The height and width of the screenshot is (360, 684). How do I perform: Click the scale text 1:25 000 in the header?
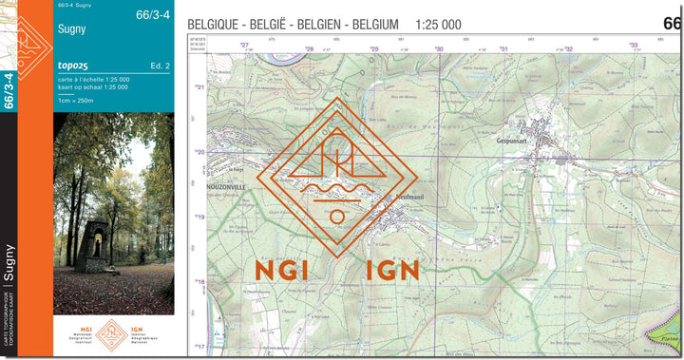pyautogui.click(x=438, y=23)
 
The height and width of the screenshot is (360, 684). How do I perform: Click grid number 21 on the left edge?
pyautogui.click(x=200, y=87)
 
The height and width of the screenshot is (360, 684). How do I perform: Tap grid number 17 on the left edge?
pyautogui.click(x=200, y=347)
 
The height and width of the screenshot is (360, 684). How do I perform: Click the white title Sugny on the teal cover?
pyautogui.click(x=71, y=29)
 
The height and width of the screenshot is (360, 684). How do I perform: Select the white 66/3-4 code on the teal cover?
pyautogui.click(x=153, y=14)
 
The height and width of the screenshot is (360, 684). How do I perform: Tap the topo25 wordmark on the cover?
pyautogui.click(x=73, y=65)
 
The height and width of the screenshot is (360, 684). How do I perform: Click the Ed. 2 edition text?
pyautogui.click(x=159, y=65)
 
